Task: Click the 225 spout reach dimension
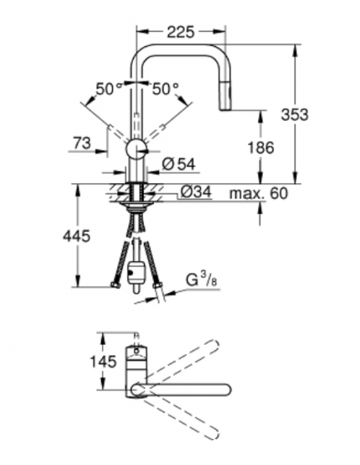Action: coord(182,33)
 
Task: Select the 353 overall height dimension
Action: coord(295,115)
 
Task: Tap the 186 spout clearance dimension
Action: coord(260,147)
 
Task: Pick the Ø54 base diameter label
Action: coord(179,165)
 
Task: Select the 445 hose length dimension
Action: coord(77,236)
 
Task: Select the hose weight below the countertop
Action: coord(137,271)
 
